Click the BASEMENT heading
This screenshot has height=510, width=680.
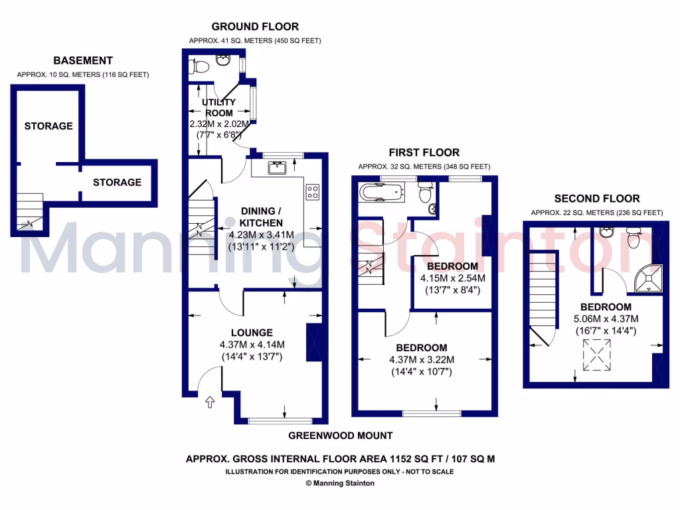[83, 60]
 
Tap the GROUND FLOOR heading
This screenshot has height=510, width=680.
[255, 27]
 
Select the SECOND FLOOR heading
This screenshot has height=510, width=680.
[597, 198]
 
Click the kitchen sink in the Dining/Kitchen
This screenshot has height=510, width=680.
[277, 167]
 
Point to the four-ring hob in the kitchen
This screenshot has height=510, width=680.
[312, 192]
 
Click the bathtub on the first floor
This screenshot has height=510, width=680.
[381, 193]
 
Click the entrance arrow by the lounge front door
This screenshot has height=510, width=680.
[210, 401]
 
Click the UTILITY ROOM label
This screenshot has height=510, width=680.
[219, 108]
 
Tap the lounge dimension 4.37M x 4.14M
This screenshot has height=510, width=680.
[252, 344]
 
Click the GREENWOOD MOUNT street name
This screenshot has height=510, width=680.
[340, 436]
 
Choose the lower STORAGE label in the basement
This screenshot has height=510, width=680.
[117, 182]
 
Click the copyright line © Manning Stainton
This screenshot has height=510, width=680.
[340, 483]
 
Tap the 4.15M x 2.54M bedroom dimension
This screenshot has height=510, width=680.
[452, 278]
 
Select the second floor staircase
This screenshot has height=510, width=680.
[543, 299]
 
